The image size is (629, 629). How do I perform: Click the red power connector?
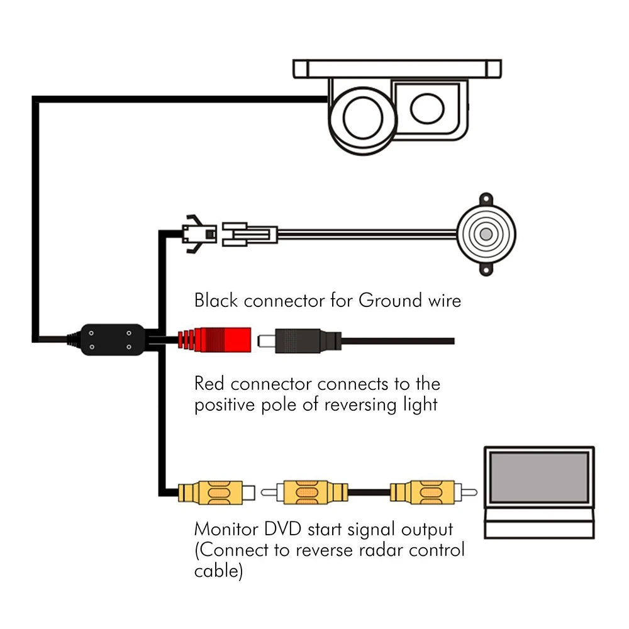pos(214,340)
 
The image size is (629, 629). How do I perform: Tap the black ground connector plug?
pos(299,341)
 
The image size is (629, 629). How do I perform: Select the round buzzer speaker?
pos(486,235)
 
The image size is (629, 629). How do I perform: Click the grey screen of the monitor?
pos(539,477)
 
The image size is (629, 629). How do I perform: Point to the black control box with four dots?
pos(113,340)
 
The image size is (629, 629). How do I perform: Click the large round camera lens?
pos(363,119)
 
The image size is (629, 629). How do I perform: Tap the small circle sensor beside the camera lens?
pos(427,108)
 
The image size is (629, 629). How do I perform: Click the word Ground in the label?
pos(391,301)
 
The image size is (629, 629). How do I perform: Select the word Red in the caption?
pos(209,384)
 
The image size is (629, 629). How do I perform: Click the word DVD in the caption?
pos(283,529)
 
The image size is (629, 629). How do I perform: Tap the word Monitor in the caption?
pos(226,529)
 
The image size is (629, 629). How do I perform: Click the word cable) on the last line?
pos(219,571)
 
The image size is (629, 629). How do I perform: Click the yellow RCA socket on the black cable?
pos(216,493)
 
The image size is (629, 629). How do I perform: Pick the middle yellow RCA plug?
pos(304,492)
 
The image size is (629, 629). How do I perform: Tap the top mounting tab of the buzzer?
pos(486,199)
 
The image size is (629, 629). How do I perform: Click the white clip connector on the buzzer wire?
pos(250,234)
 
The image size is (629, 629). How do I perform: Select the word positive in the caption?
pos(225,405)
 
